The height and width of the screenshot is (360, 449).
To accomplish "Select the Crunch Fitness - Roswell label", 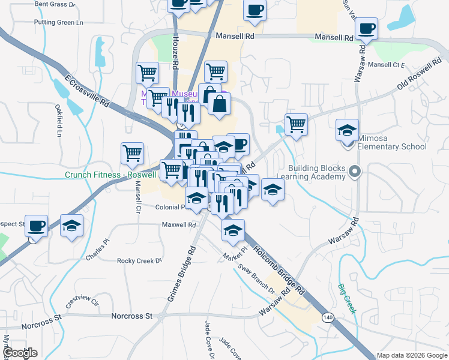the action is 110,175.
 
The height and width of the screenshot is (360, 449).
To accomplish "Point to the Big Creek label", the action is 346,299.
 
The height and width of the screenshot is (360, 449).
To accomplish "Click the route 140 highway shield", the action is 327,317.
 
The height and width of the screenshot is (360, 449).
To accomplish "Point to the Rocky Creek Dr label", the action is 140,261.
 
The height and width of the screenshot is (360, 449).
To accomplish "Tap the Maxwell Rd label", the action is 179,225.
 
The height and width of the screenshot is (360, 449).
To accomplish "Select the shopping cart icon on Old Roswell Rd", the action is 295,124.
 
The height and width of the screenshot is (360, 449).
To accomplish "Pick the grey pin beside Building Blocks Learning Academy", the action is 355,173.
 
